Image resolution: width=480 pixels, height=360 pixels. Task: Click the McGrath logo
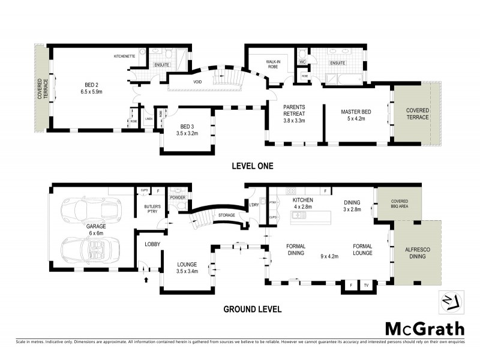tap(424, 329)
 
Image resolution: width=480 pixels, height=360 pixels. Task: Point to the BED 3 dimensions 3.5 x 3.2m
tap(185, 133)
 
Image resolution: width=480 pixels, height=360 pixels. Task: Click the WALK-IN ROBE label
tap(278, 64)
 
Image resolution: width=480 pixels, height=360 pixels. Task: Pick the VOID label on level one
tap(197, 82)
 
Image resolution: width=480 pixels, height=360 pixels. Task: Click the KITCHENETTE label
tap(126, 56)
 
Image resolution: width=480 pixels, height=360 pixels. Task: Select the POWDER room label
tap(178, 197)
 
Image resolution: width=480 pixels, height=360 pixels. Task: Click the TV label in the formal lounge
tap(365, 286)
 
